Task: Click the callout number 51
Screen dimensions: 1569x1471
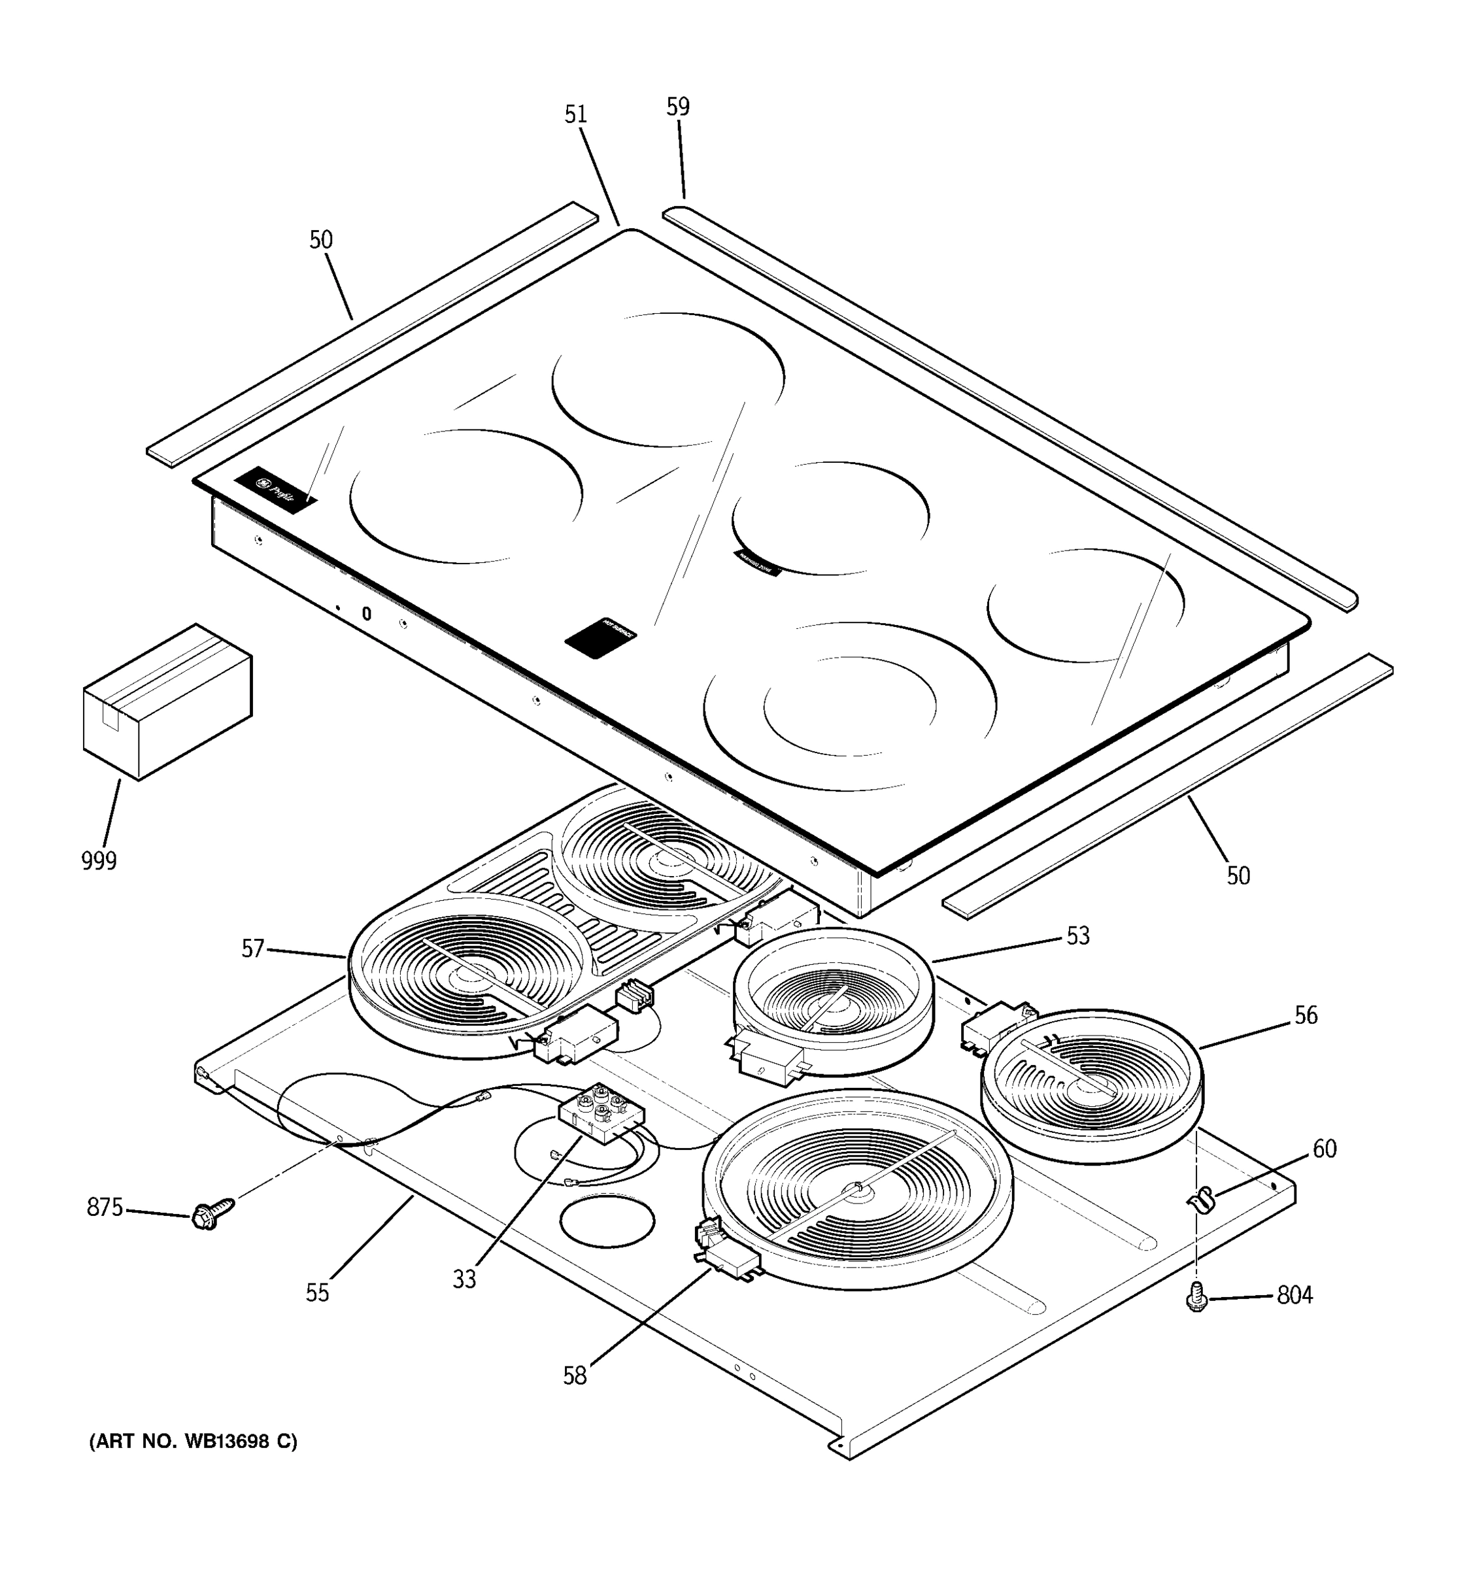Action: [x=575, y=115]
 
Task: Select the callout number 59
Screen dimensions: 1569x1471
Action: [x=677, y=107]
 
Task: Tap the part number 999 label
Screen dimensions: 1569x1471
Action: [x=99, y=861]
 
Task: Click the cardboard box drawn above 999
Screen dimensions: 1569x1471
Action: [x=167, y=701]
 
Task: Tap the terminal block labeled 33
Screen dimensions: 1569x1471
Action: [x=601, y=1113]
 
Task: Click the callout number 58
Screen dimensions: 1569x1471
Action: [x=575, y=1376]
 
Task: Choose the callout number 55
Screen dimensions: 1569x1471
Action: [x=317, y=1292]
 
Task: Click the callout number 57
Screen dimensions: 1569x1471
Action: [x=252, y=949]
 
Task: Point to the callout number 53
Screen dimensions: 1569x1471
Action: [x=1077, y=936]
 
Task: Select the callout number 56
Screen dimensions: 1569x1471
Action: [x=1306, y=1015]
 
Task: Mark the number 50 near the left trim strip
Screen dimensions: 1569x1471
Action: [x=320, y=240]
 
